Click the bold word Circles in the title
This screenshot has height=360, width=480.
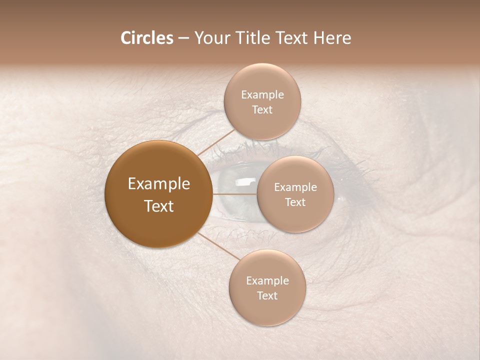click(147, 38)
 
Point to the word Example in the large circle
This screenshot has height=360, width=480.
click(159, 184)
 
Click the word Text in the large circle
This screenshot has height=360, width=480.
click(159, 206)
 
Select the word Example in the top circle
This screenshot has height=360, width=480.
click(262, 95)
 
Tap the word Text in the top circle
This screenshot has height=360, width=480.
click(262, 110)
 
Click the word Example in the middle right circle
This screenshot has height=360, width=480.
click(295, 187)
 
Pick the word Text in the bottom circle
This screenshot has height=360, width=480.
click(267, 296)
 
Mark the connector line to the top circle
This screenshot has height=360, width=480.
click(216, 141)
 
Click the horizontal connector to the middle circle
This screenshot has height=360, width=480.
click(235, 194)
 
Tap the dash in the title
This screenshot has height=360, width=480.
click(183, 38)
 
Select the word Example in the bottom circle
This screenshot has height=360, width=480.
click(267, 281)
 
